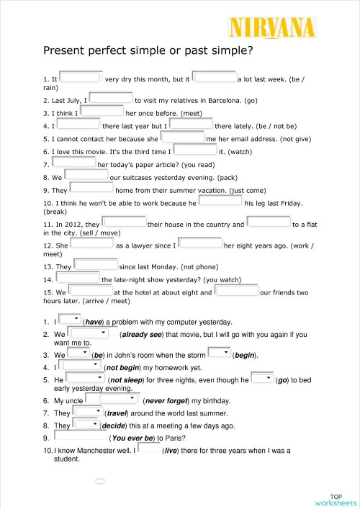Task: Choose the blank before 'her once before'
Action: coord(102,112)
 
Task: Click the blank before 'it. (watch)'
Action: coord(195,150)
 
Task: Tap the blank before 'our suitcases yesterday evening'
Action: coord(86,176)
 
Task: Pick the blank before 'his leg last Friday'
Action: coord(220,201)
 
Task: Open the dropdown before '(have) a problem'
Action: coord(70,320)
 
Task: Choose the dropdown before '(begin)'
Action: coord(219,353)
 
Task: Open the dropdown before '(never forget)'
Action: coord(111,399)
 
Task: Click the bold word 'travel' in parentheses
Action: coord(117,413)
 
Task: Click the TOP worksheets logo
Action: coord(335,480)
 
